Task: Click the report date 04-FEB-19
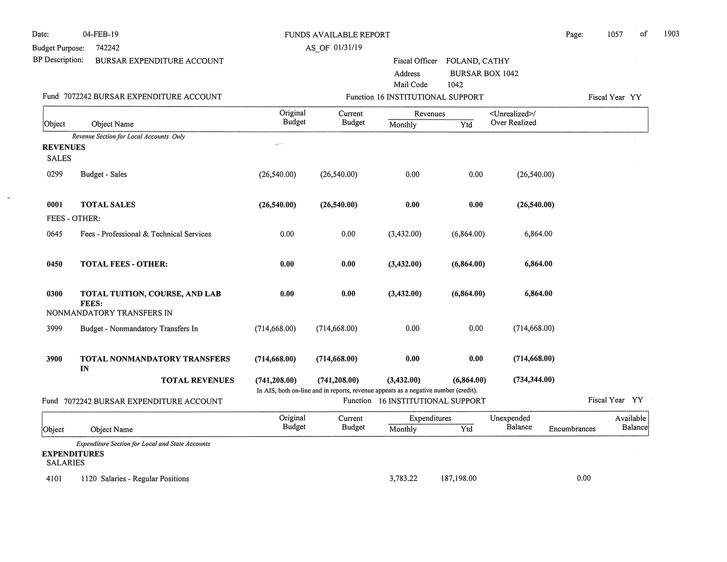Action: tap(100, 34)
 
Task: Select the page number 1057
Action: tap(614, 34)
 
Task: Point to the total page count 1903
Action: tap(671, 34)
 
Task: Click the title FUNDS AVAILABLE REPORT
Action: tap(337, 35)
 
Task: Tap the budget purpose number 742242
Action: tap(107, 48)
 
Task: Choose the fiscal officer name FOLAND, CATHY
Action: tap(477, 61)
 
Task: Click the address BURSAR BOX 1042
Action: tap(484, 74)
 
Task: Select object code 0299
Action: tap(55, 174)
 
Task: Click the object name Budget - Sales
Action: tap(104, 174)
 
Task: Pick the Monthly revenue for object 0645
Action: tap(405, 234)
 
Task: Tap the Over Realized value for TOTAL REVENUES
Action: tap(534, 380)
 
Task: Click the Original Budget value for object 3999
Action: tap(275, 329)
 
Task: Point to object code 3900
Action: tap(54, 359)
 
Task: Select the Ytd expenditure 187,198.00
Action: tap(458, 478)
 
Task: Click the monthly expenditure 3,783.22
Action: tap(403, 478)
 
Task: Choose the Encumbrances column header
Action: tap(572, 429)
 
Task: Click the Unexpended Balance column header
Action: tap(511, 423)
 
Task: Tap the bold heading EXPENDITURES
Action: tap(73, 454)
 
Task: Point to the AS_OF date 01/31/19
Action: tap(347, 48)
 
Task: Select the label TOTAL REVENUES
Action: tap(197, 381)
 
